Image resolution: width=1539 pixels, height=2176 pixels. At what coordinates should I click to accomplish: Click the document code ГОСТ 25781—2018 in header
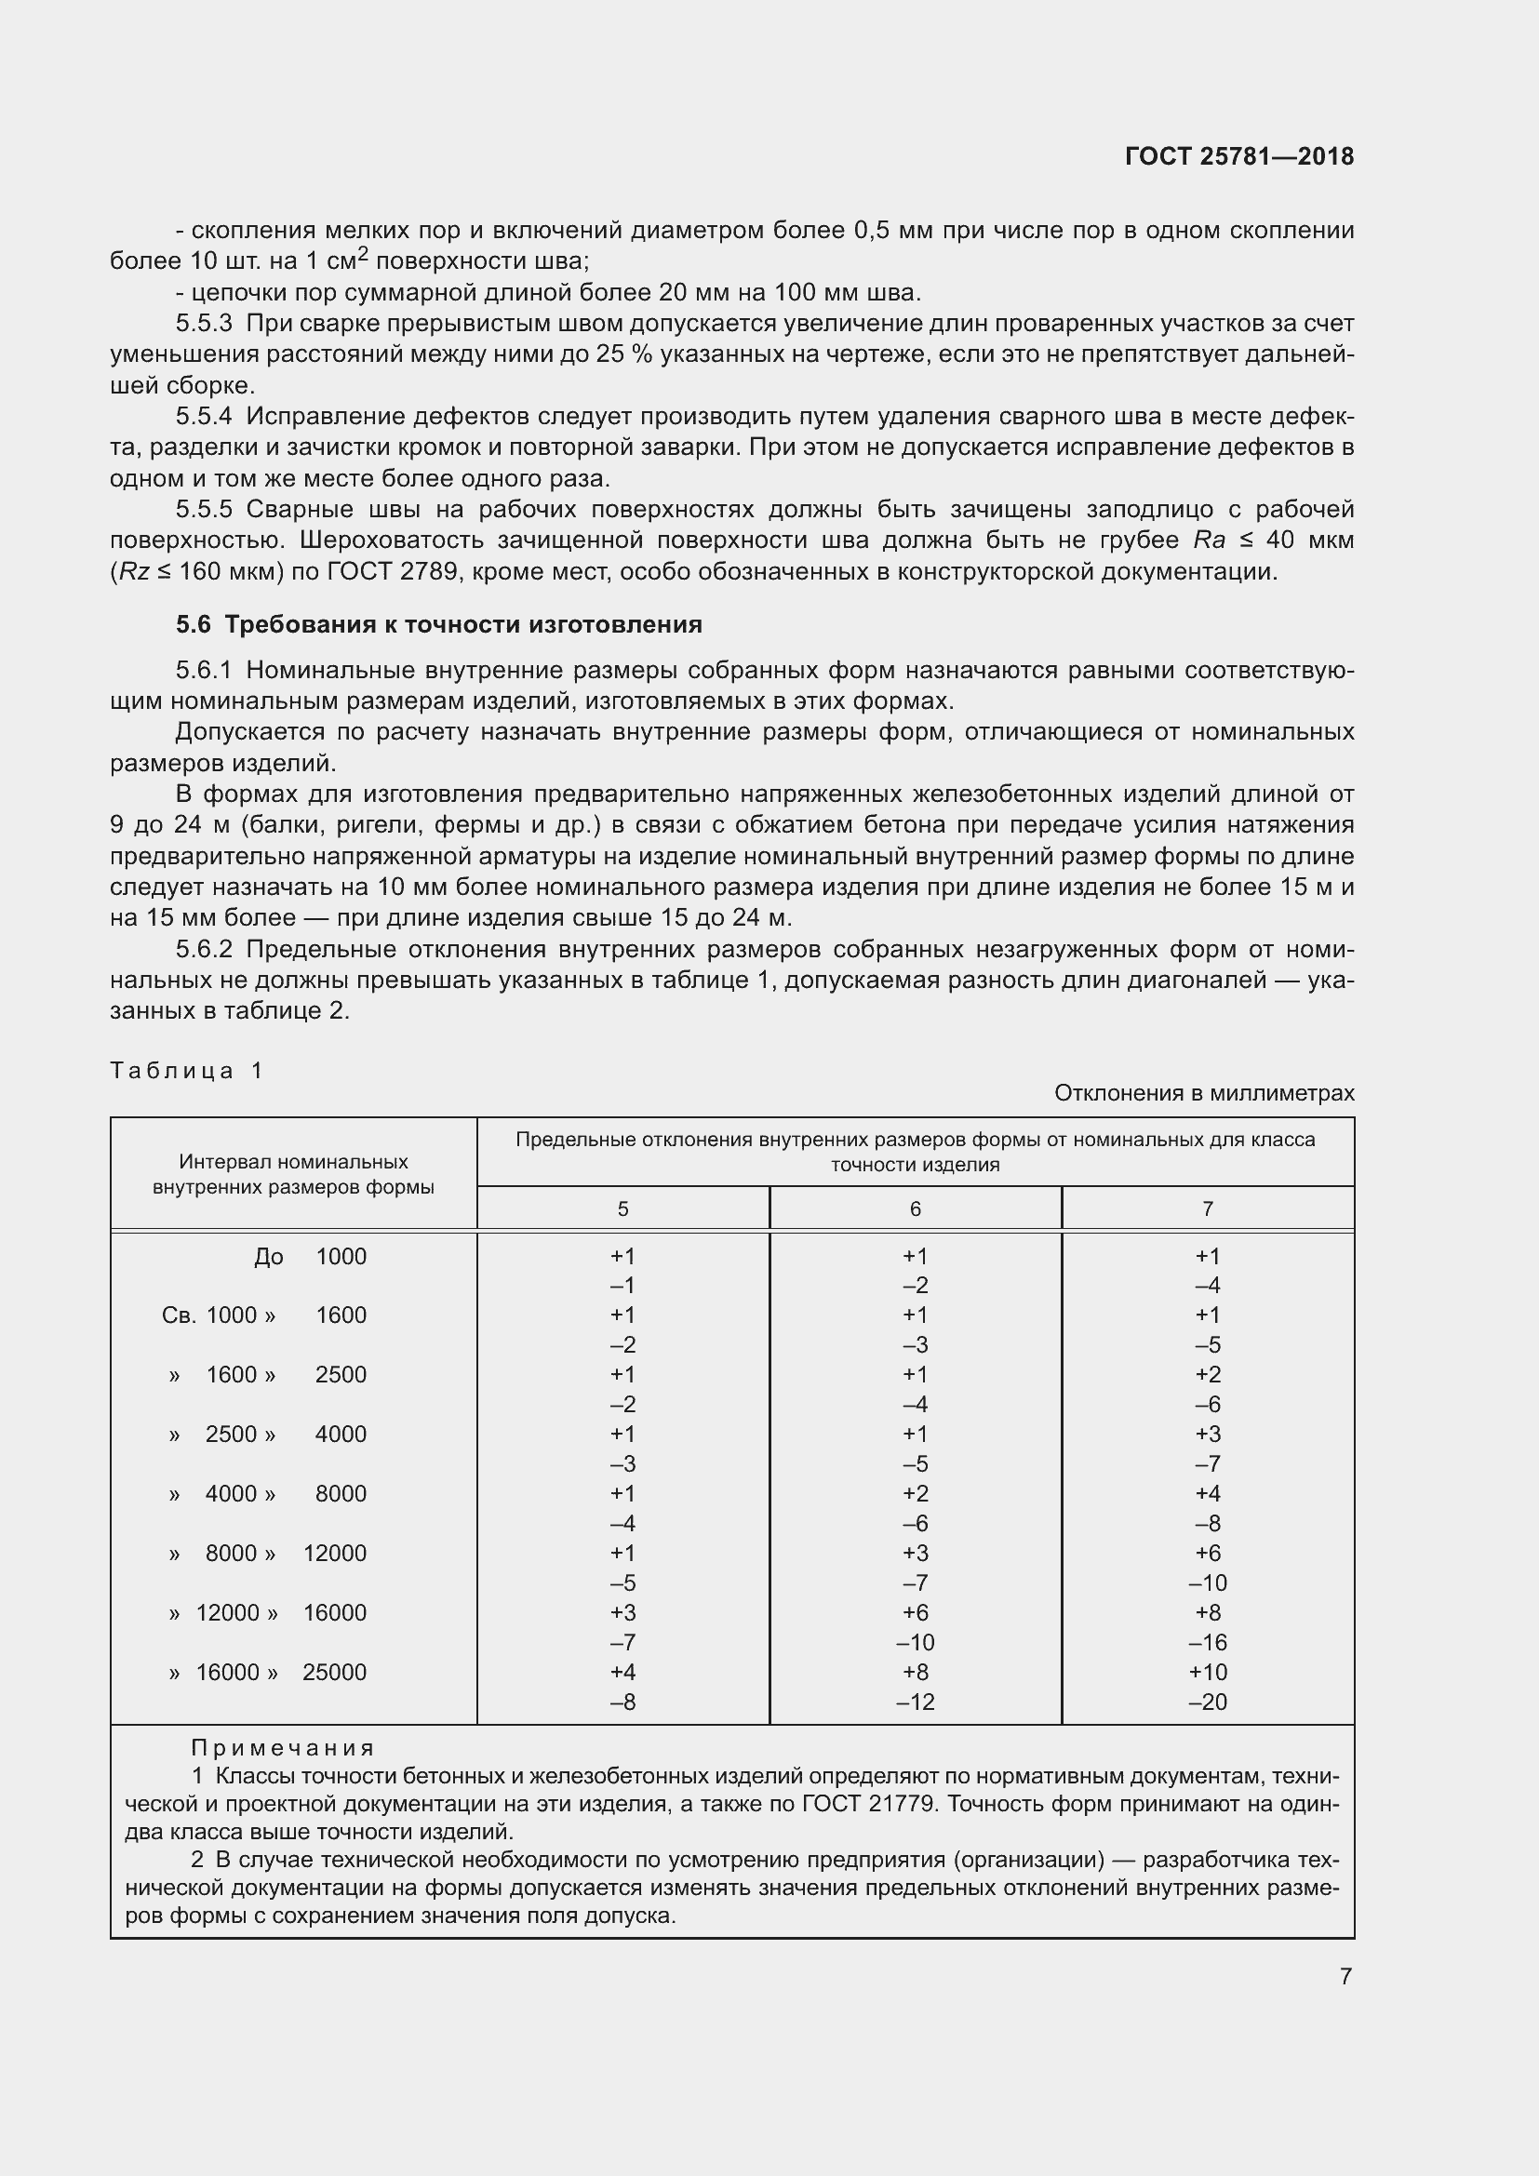1238,157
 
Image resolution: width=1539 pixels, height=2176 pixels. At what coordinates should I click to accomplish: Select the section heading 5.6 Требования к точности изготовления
439,624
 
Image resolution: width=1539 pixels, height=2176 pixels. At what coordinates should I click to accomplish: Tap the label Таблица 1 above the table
187,1071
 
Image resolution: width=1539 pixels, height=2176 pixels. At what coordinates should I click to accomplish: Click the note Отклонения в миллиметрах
1203,1093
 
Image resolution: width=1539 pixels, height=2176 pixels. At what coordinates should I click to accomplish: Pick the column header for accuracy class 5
622,1209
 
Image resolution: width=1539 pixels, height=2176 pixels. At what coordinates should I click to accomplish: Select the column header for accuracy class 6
915,1209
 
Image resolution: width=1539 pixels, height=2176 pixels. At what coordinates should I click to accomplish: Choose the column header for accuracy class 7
1208,1209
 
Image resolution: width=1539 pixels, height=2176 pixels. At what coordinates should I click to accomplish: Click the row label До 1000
310,1257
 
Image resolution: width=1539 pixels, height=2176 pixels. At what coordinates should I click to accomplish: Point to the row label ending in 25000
269,1673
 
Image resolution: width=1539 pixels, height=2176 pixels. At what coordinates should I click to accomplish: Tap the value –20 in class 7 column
1208,1702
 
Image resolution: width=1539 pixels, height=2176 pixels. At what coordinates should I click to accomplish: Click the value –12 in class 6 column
915,1702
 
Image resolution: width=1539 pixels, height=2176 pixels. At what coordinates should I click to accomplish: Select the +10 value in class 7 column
1208,1673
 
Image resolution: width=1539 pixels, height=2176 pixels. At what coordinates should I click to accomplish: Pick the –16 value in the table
1208,1642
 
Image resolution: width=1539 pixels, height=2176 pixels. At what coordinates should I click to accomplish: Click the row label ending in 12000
269,1554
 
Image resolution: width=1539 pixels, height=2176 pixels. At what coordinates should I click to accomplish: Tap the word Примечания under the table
283,1749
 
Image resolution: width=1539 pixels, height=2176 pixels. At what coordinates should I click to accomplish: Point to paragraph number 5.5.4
203,417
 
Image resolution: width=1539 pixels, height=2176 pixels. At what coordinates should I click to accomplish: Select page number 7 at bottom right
1345,1977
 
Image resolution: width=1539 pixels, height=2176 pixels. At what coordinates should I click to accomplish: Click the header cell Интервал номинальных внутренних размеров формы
293,1174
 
